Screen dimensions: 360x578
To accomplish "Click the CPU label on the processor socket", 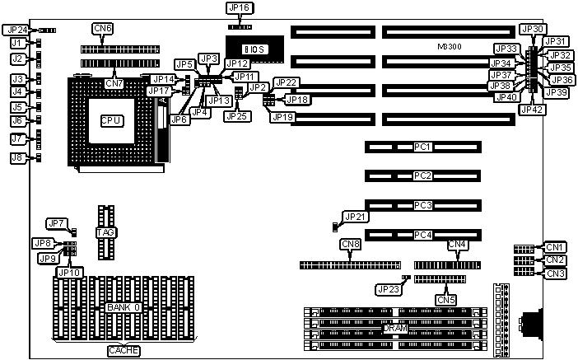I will coord(111,121).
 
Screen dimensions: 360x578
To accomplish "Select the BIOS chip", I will coord(255,50).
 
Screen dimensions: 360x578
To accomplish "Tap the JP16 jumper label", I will coord(239,8).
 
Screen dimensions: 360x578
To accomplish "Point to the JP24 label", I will coord(16,30).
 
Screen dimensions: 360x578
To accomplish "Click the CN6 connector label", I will coord(103,29).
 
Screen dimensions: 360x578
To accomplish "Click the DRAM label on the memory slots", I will coord(395,328).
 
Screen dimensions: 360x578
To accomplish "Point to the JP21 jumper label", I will coord(357,217).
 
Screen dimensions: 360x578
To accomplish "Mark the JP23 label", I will coord(387,288).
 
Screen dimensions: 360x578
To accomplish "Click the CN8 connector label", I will coord(351,244).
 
